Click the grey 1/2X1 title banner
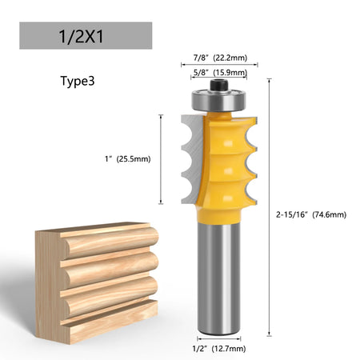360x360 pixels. coord(86,35)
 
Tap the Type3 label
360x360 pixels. coord(78,81)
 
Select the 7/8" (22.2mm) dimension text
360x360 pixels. coord(220,58)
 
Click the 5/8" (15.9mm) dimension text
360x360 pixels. coord(220,72)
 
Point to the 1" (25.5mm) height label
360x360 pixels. coord(127,159)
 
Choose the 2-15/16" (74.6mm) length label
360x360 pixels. coord(311,214)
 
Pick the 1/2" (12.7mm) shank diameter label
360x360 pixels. coord(219,348)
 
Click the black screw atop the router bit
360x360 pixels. coord(219,85)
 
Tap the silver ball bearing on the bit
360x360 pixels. coord(219,100)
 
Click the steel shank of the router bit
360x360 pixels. coord(219,278)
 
